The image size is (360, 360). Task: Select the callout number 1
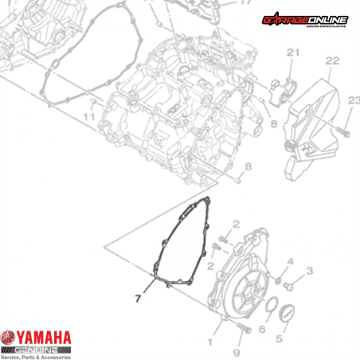[x=210, y=342]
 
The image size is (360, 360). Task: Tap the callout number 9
[x=237, y=352]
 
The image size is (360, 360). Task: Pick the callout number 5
[x=279, y=338]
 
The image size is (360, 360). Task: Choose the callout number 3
[x=309, y=272]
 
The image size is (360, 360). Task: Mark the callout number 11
[x=88, y=117]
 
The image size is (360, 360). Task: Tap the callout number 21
[x=292, y=53]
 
